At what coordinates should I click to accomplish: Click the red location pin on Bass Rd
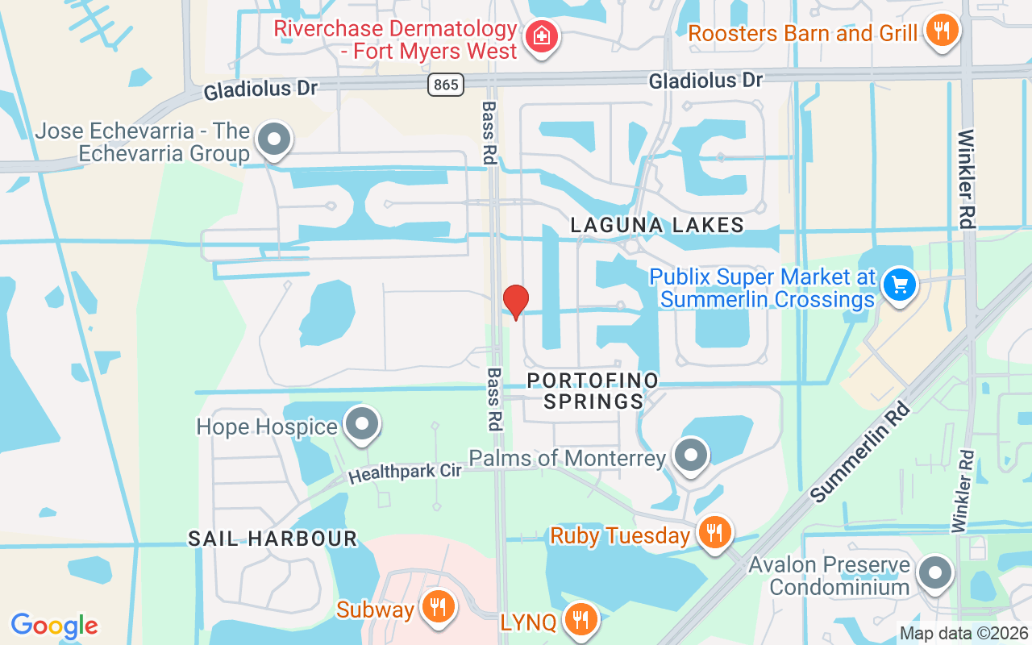click(x=516, y=302)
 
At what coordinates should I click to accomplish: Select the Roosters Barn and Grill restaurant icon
click(x=940, y=32)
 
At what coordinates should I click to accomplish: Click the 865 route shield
click(x=446, y=84)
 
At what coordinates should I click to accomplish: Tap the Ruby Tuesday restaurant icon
click(x=714, y=534)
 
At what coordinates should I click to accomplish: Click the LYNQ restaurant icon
click(x=579, y=620)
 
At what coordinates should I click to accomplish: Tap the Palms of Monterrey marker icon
click(x=690, y=456)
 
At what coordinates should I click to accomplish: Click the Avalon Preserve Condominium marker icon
click(x=935, y=573)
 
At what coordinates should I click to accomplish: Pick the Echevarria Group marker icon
click(x=274, y=140)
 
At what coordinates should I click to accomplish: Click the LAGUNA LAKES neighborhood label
click(x=657, y=225)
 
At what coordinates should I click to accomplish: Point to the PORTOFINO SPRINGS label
click(x=593, y=390)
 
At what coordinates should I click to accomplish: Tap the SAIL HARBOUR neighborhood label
click(x=273, y=539)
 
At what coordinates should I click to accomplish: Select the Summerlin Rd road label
click(x=860, y=451)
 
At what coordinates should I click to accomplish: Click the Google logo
click(x=54, y=626)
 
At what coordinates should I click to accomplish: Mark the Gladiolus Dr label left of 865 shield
click(x=260, y=89)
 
